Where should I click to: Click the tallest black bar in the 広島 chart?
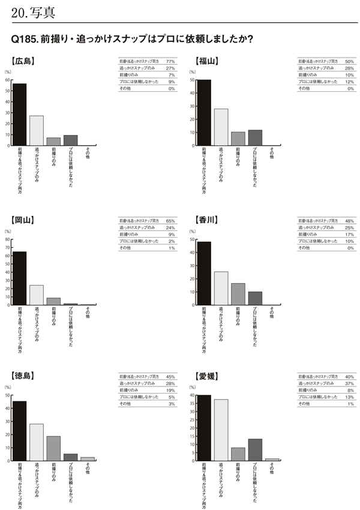pos(20,114)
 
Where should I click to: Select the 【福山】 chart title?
pos(208,60)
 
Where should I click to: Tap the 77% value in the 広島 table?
pos(170,62)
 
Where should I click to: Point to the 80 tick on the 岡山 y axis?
pos(7,239)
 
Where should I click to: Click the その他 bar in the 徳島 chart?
pos(87,458)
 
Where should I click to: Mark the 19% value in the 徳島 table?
pos(170,390)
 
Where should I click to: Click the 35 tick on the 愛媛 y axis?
pos(191,404)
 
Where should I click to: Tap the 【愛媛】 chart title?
pos(208,376)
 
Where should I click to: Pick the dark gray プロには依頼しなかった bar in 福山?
pos(255,137)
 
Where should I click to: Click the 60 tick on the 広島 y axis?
pos(7,80)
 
